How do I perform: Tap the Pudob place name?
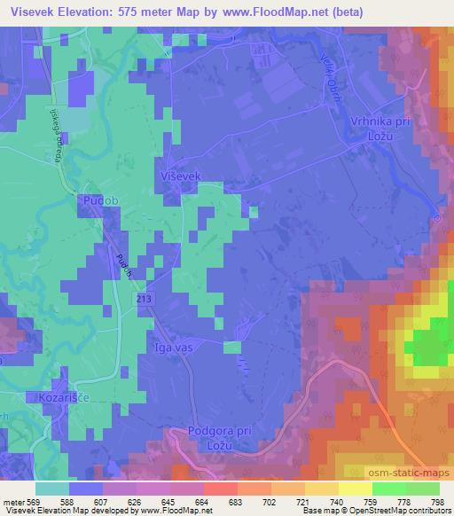coord(99,202)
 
